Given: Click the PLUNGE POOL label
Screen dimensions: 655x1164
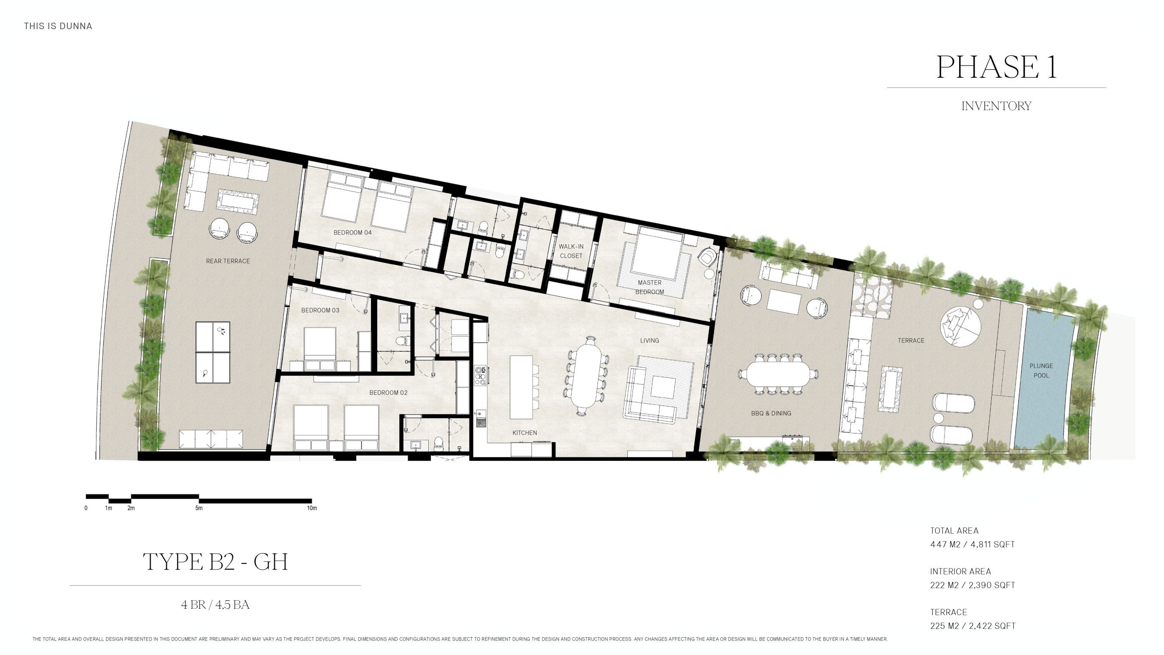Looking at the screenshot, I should click(x=1041, y=371).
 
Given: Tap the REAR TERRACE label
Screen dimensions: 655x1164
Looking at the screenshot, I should click(x=228, y=261).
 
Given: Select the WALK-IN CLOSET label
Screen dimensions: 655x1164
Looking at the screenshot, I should click(x=571, y=251).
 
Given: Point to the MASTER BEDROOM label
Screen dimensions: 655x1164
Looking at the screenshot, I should click(x=650, y=287).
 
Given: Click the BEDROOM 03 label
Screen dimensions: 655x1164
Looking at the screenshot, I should click(x=320, y=311).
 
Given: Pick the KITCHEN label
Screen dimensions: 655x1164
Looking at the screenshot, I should click(x=525, y=433).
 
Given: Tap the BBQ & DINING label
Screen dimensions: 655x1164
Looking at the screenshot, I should click(x=771, y=414).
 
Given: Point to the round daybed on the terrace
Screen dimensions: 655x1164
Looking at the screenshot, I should click(x=960, y=327).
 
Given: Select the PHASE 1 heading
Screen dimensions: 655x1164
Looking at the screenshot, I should click(x=996, y=67).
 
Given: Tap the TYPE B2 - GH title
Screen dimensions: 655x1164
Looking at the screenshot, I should click(x=215, y=562).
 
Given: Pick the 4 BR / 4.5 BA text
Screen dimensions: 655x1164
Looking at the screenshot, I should click(x=215, y=605).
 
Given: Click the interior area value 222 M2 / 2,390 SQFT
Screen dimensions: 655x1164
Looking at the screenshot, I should click(x=972, y=586).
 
